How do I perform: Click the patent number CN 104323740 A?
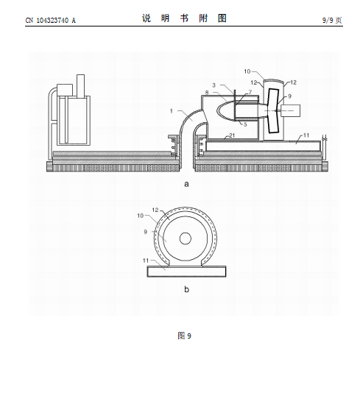[x=50, y=21]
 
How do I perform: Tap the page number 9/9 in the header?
[x=328, y=21]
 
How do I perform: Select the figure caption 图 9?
[x=185, y=336]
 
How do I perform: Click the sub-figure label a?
[x=186, y=184]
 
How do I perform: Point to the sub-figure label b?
[x=186, y=289]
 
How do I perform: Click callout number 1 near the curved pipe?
[x=172, y=111]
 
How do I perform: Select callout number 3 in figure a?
[x=213, y=85]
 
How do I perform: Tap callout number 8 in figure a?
[x=207, y=93]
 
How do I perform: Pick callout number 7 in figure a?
[x=250, y=92]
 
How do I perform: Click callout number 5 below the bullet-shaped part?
[x=245, y=124]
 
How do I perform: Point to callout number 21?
[x=232, y=135]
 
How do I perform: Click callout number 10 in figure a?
[x=247, y=71]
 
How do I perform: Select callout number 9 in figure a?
[x=289, y=96]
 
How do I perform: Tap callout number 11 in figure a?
[x=306, y=135]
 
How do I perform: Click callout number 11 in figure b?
[x=146, y=261]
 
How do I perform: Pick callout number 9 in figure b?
[x=146, y=232]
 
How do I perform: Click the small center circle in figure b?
[x=186, y=238]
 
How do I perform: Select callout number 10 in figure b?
[x=141, y=216]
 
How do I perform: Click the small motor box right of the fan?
[x=290, y=111]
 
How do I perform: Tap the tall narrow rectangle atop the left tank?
[x=80, y=85]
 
